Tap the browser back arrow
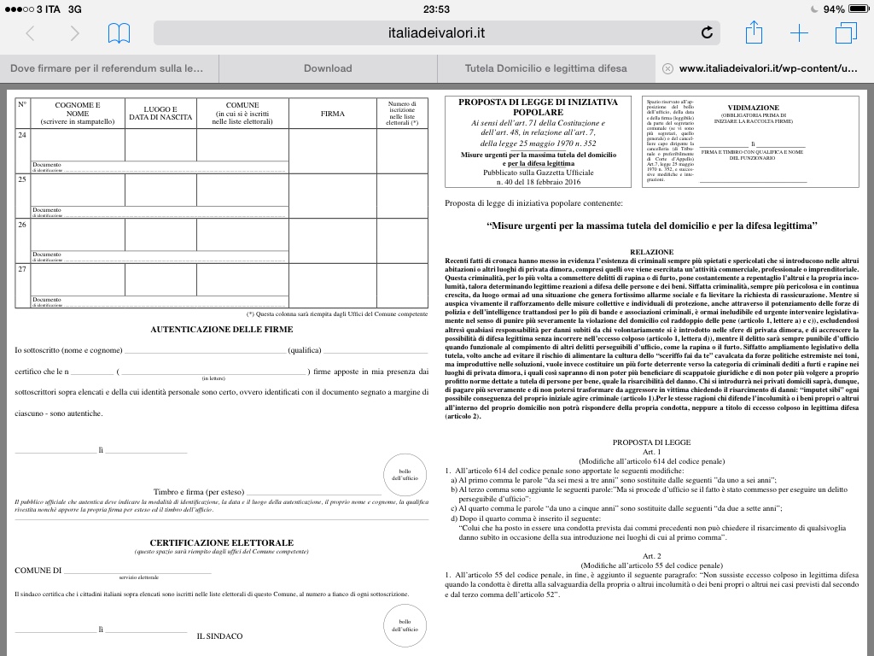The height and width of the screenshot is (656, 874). coord(31,33)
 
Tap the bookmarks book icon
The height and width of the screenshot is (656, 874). coord(119,33)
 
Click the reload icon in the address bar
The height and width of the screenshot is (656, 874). coord(707,33)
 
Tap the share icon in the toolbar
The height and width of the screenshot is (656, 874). coord(754,33)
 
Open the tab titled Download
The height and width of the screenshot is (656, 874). coord(328,68)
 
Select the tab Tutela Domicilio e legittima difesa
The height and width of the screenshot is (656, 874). coord(545,68)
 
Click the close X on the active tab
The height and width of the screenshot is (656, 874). coord(667,68)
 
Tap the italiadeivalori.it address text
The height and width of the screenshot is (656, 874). coord(435,33)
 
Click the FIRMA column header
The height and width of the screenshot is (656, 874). coord(333,114)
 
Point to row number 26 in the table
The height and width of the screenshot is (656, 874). coord(22,224)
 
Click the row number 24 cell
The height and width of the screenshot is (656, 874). coord(22,135)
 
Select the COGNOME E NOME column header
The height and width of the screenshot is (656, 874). coord(78,114)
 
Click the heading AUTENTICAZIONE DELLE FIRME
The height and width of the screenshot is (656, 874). coord(222,329)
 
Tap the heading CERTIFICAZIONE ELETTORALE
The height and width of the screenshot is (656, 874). coord(222,542)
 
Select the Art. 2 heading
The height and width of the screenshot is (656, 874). coord(652,556)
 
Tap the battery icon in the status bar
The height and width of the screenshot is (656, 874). coord(857,9)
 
